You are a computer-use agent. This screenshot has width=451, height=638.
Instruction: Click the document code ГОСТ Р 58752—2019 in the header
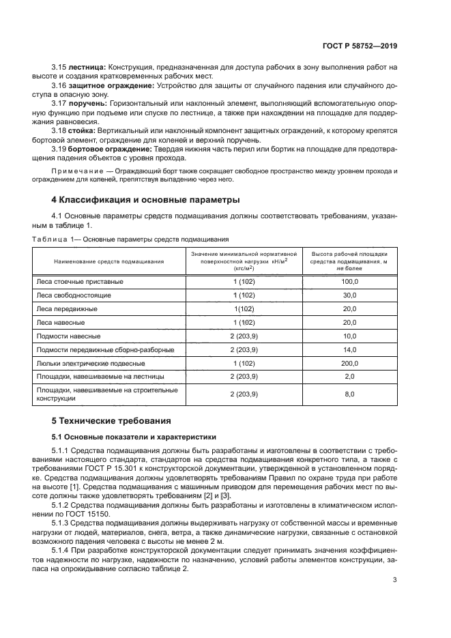coord(360,46)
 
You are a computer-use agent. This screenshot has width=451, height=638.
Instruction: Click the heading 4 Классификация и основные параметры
coord(145,201)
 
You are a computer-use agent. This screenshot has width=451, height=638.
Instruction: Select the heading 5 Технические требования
coord(112,420)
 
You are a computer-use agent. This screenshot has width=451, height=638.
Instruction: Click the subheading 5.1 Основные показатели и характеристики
coord(134,437)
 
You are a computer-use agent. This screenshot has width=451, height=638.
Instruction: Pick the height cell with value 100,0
coord(349,281)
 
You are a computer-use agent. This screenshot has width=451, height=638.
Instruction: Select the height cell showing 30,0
coord(349,295)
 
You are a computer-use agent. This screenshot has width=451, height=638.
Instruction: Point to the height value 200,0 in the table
coord(349,363)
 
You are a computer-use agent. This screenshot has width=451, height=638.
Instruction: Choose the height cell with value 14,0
coord(349,349)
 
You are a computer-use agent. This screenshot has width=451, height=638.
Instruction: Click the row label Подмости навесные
coord(68,336)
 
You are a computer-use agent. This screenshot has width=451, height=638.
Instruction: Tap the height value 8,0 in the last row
coord(349,394)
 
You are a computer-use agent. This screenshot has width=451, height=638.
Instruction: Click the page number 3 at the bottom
coord(395,581)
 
